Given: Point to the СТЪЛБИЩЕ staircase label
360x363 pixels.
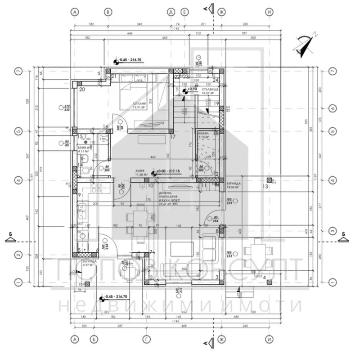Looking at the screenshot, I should point(210,90).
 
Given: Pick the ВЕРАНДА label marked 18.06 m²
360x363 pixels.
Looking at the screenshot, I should point(234,184).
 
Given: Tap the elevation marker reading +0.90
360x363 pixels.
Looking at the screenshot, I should point(191,90).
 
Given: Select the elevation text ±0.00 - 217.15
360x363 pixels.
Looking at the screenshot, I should point(166,171).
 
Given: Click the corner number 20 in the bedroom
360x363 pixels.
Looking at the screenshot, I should point(82,89).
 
